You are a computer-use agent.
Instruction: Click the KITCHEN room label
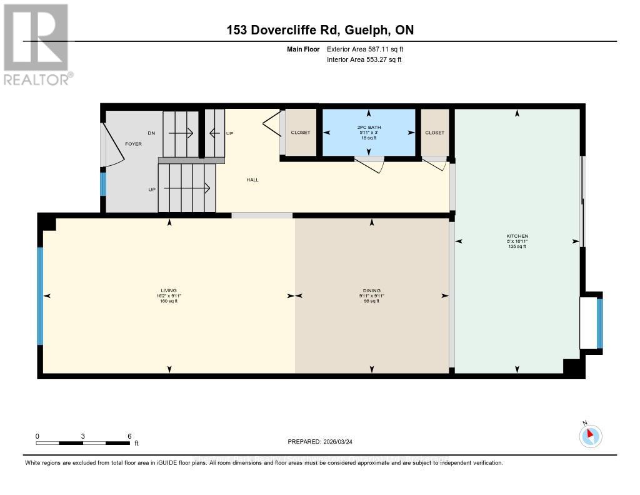(517, 236)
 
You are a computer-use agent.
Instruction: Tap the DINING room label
(371, 290)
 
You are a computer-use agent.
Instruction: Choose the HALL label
(252, 180)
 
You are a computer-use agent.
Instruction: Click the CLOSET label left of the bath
(301, 133)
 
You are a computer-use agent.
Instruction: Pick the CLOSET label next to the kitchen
(434, 133)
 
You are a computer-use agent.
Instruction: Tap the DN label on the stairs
(151, 133)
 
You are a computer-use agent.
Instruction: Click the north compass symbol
(590, 436)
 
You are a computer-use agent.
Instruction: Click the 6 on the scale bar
(129, 436)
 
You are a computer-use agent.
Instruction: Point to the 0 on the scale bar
(37, 436)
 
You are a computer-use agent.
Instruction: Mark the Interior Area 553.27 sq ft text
(364, 60)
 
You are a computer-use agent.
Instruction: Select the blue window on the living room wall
(40, 295)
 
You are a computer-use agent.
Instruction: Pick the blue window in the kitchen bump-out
(599, 324)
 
